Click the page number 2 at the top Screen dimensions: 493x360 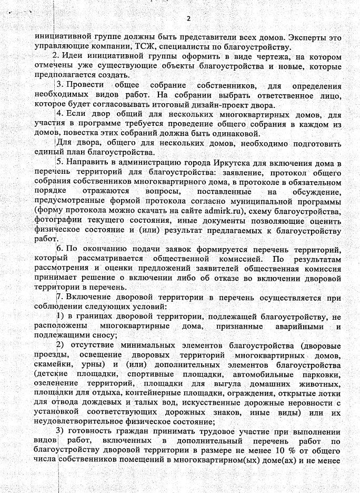[x=188, y=19]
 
